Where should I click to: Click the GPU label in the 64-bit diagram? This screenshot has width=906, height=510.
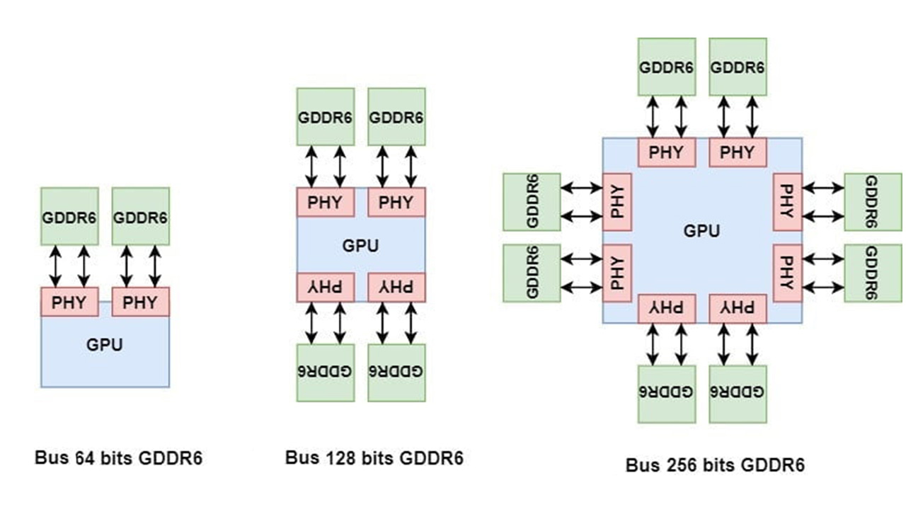coord(105,346)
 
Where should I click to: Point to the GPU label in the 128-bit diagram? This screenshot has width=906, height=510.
coord(360,246)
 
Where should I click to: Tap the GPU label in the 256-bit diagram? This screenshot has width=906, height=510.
coord(701,231)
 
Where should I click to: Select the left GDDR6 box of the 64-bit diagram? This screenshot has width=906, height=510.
coord(69,216)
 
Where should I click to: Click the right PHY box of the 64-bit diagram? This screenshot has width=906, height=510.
coord(140,302)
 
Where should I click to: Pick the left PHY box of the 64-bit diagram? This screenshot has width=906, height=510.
coord(69,302)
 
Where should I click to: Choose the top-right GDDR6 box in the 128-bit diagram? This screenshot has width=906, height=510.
coord(396,117)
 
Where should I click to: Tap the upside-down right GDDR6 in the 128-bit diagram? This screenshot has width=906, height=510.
coord(396,373)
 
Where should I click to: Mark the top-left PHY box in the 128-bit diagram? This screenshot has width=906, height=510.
coord(325,203)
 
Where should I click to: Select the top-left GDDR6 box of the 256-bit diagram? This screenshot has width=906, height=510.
coord(666,67)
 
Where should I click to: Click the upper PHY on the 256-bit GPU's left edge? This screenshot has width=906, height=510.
coord(617,202)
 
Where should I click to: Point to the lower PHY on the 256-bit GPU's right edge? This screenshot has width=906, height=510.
coord(787,273)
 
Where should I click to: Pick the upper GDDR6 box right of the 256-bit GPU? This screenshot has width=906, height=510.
coord(873,202)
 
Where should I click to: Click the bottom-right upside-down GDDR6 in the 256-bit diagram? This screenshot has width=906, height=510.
coord(738,394)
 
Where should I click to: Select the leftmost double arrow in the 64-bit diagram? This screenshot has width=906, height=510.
coord(55,266)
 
